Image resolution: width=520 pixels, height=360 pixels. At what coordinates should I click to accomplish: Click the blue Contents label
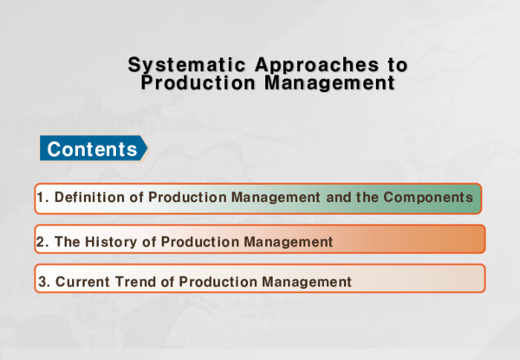pyautogui.click(x=92, y=149)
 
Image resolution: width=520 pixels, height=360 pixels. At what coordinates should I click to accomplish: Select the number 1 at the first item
pyautogui.click(x=41, y=198)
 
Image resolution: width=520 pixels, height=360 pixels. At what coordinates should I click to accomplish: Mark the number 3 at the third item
pyautogui.click(x=41, y=281)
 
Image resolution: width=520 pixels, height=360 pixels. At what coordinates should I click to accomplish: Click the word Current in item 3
pyautogui.click(x=81, y=281)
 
